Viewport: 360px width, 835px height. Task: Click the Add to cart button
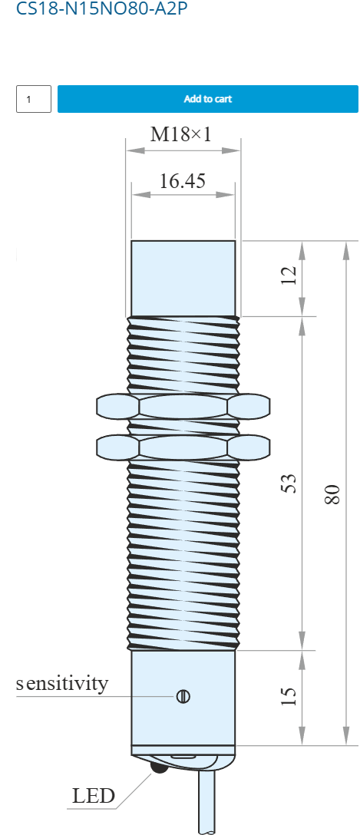[x=208, y=99]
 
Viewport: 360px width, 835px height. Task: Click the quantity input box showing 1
[x=34, y=99]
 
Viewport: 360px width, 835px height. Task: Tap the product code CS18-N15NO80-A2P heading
[x=102, y=8]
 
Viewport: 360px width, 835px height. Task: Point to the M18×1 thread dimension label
[x=180, y=134]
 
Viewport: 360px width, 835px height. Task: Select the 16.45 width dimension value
[x=183, y=182]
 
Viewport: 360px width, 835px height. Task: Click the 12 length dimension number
[x=288, y=276]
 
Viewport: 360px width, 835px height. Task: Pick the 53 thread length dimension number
[x=288, y=483]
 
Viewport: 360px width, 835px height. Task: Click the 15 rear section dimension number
[x=288, y=696]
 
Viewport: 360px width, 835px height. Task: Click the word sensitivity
[x=61, y=683]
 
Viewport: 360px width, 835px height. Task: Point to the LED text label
[x=93, y=796]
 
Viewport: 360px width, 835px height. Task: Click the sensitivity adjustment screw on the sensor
[x=183, y=696]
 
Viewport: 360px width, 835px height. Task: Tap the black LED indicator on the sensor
[x=159, y=767]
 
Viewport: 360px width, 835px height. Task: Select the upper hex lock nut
[x=183, y=407]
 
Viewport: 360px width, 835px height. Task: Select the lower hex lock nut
[x=183, y=447]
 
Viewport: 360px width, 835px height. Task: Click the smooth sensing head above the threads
[x=183, y=279]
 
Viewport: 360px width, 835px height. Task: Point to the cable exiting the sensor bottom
[x=208, y=804]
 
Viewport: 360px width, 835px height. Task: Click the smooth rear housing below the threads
[x=183, y=698]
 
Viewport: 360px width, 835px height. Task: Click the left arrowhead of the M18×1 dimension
[x=135, y=150]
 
